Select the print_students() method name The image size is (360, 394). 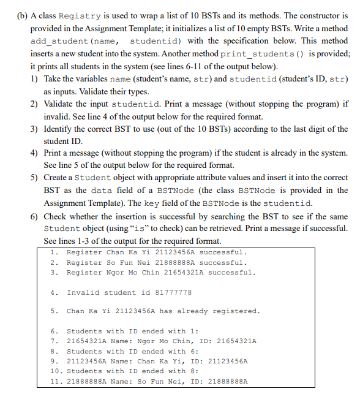point(267,54)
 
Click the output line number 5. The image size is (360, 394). point(54,311)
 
